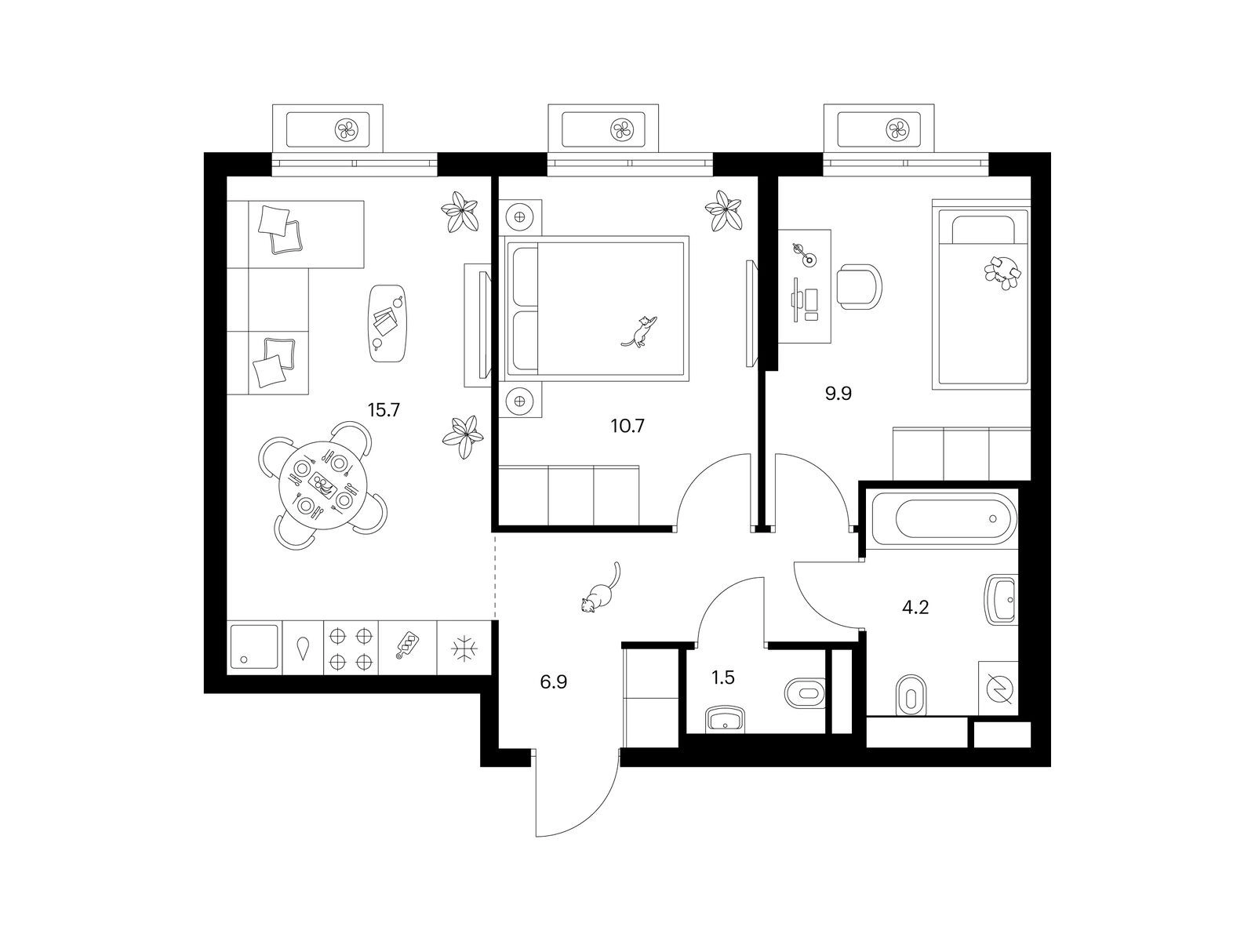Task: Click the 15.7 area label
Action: (384, 410)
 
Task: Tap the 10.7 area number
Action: (627, 426)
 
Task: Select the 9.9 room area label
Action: (838, 394)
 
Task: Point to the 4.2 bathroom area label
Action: (915, 607)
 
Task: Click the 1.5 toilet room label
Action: (722, 678)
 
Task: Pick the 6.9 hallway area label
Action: (554, 681)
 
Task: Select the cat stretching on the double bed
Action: (640, 331)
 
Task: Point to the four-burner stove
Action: (351, 649)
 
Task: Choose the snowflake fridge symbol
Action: (464, 649)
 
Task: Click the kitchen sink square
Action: (255, 648)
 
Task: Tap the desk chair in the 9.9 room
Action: (859, 287)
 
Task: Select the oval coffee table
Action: (387, 323)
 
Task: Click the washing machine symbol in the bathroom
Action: (998, 688)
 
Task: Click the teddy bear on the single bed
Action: (1003, 273)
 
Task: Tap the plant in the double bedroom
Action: (724, 211)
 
